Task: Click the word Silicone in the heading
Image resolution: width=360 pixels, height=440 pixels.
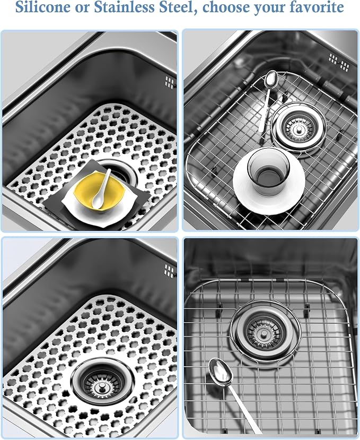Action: tap(43, 7)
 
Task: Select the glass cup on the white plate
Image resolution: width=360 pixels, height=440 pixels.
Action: tap(268, 172)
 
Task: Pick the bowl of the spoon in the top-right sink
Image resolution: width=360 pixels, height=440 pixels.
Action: tap(271, 79)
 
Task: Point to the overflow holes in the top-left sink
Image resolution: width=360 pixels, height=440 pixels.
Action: tap(169, 82)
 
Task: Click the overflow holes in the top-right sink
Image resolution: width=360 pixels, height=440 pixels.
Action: tap(339, 62)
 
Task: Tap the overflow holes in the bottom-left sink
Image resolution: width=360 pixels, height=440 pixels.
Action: tap(169, 271)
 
